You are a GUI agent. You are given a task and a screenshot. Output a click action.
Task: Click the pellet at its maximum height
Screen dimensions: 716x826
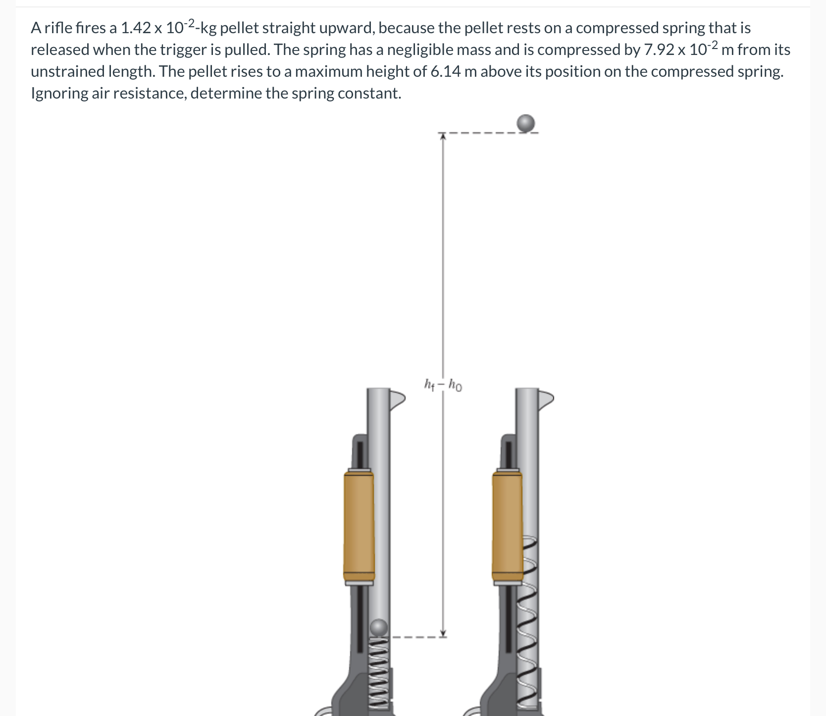click(x=526, y=123)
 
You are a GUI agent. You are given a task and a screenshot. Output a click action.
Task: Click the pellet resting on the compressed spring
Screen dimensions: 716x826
click(x=379, y=628)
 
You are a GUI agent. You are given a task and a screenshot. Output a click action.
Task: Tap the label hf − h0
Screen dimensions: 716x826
click(x=443, y=384)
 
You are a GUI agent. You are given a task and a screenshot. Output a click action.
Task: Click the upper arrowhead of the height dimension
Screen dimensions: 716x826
click(x=443, y=136)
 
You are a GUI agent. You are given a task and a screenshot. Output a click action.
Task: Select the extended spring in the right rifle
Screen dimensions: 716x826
click(x=530, y=624)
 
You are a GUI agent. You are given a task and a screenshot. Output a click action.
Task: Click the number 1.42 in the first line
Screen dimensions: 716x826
click(x=135, y=28)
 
